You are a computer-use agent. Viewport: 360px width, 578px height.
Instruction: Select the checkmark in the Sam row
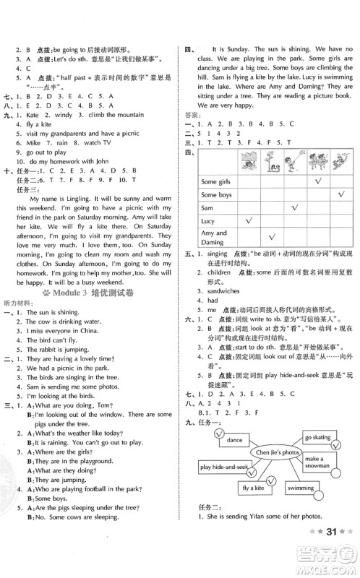pos(295,207)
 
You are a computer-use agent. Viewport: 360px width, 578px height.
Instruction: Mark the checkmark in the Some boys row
pos(341,194)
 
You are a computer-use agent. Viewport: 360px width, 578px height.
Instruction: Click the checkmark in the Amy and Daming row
pos(273,236)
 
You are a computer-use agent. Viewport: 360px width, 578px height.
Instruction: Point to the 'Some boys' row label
pos(218,194)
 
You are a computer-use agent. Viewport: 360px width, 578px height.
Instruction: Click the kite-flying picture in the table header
pos(296,160)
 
